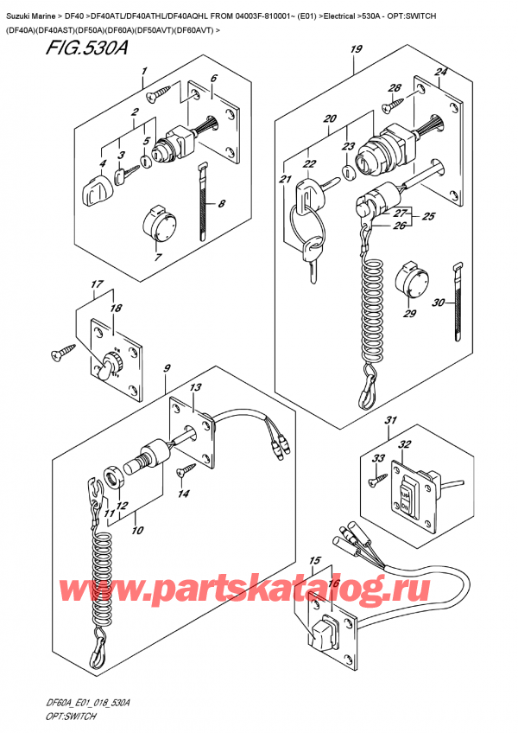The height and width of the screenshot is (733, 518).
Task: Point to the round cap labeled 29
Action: (408, 284)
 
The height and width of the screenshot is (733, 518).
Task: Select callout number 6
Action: (213, 78)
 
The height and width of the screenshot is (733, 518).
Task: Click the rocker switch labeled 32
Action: (407, 495)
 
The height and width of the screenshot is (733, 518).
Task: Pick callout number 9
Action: (165, 370)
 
